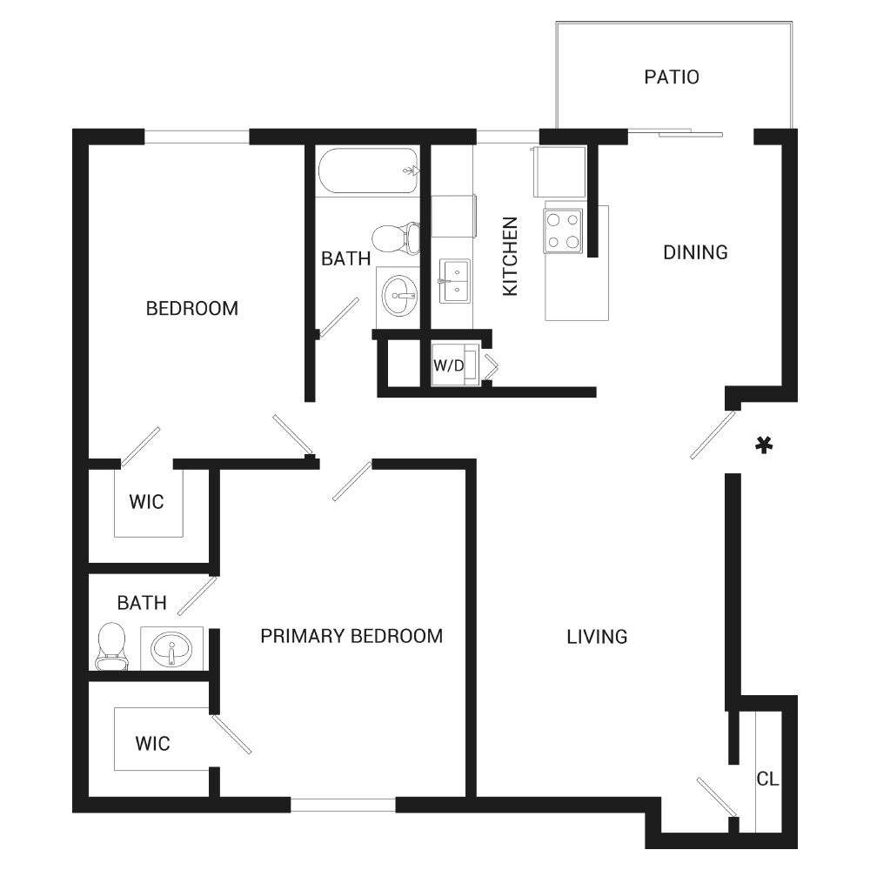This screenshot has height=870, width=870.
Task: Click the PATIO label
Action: tap(672, 77)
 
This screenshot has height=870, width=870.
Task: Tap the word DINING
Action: tap(695, 252)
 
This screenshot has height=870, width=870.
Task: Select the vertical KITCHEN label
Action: tap(510, 257)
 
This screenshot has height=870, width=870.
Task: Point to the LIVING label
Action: tap(597, 637)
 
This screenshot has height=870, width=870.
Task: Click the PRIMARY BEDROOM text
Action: tap(351, 636)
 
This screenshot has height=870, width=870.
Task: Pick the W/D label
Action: tap(448, 365)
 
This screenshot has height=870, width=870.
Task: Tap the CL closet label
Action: tap(768, 779)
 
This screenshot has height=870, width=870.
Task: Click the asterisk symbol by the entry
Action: tap(764, 445)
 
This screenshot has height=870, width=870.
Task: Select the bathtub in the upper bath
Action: tap(368, 171)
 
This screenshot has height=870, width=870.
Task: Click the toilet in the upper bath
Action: tap(395, 238)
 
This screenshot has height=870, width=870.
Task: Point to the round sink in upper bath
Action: tap(399, 296)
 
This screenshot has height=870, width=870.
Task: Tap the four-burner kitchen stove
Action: tap(564, 231)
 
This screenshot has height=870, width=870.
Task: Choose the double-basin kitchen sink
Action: tap(455, 281)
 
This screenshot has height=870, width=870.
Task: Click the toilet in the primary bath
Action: tap(111, 646)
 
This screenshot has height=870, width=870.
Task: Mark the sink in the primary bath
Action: tap(171, 649)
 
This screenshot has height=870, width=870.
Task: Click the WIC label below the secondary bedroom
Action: tap(146, 502)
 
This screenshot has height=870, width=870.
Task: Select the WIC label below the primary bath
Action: tap(152, 744)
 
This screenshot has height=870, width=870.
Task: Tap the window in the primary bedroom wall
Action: tap(343, 805)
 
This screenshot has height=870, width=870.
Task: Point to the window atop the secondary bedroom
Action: tap(197, 137)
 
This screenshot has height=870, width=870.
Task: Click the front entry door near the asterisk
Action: tap(713, 434)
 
